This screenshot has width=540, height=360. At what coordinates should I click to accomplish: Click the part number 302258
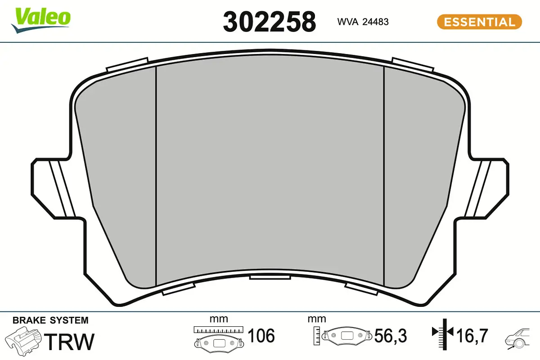(x=269, y=21)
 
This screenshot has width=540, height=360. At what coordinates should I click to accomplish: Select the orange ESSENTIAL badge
(x=479, y=22)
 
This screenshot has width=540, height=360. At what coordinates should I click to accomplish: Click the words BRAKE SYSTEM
(x=50, y=321)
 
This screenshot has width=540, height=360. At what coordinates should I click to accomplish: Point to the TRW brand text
(x=71, y=342)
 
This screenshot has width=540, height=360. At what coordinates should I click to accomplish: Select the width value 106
(x=261, y=336)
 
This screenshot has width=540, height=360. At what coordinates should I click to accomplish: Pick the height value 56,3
(x=391, y=336)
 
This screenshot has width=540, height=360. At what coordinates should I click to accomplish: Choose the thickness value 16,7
(x=472, y=336)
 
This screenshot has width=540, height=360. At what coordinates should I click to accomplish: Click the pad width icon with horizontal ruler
(x=219, y=338)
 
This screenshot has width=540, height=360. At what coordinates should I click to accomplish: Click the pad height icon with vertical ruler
(x=342, y=336)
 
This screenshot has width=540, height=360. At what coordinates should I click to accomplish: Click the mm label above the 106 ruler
(x=219, y=319)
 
